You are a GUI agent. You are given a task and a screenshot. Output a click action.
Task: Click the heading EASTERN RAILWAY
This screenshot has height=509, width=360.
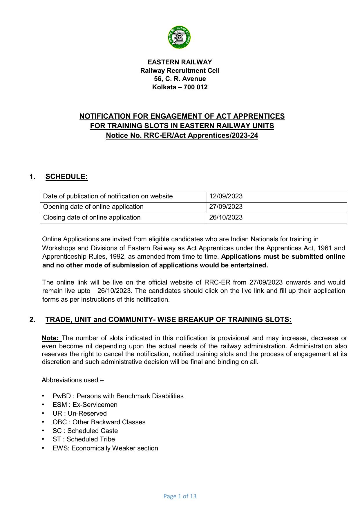tap(180, 62)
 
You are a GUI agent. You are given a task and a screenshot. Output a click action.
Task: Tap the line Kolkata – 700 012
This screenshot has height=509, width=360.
tap(180, 87)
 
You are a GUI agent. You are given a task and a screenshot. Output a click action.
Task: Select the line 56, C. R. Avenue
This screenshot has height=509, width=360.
tap(180, 79)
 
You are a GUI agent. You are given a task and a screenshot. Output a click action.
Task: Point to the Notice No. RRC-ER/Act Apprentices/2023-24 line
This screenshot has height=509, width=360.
tap(182, 135)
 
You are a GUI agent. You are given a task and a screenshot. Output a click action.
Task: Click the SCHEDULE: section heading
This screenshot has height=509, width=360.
tap(66, 177)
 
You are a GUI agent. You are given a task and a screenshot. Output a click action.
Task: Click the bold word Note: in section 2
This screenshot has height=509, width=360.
tap(51, 338)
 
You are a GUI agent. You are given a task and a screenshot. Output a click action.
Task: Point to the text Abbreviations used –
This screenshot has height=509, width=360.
tap(73, 380)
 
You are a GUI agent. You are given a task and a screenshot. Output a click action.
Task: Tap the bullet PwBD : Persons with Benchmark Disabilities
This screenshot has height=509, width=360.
tap(118, 396)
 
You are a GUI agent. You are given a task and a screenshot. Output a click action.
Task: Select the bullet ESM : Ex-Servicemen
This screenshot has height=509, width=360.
tap(85, 405)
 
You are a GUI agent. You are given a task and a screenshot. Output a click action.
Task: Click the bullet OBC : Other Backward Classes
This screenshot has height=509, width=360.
tap(99, 422)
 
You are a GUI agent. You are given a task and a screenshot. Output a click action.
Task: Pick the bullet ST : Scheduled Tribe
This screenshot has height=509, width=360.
tap(84, 439)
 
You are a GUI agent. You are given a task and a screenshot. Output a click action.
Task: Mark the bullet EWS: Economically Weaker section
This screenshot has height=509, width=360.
tap(105, 448)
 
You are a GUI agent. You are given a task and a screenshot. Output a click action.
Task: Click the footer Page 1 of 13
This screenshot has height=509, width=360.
tap(180, 496)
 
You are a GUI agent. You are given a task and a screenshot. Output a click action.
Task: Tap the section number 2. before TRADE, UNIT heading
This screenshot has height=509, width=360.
tap(32, 320)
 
